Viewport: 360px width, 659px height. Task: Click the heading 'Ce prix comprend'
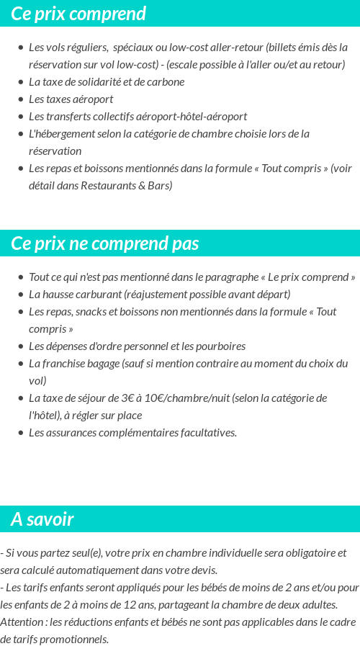click(x=78, y=14)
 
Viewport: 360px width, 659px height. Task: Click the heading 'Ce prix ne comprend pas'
click(x=105, y=243)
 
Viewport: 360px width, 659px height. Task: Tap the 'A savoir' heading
click(x=42, y=519)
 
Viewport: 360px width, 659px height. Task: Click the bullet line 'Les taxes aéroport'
click(x=71, y=99)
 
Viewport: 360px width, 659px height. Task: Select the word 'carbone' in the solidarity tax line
click(x=166, y=81)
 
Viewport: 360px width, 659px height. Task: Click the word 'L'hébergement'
click(x=59, y=133)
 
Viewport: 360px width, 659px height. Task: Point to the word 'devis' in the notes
click(x=203, y=570)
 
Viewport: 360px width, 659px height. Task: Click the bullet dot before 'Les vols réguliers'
click(x=21, y=48)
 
